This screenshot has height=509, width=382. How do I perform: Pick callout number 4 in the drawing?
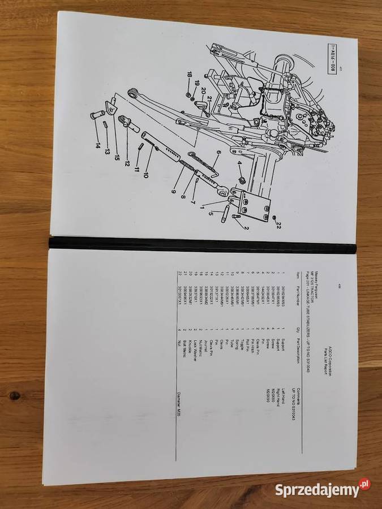[239, 166]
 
